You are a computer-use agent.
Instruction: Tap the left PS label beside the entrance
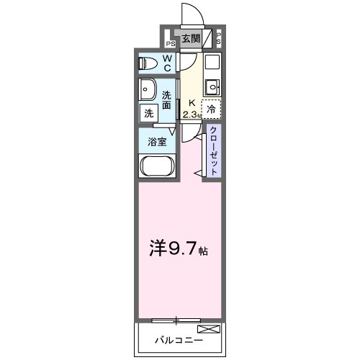coord(171,42)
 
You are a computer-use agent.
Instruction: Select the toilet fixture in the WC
coord(149,63)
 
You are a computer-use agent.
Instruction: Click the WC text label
coord(166,63)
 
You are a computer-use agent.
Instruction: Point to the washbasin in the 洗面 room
coord(149,91)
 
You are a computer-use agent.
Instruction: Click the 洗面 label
coord(166,100)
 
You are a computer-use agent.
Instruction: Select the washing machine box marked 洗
coord(148,112)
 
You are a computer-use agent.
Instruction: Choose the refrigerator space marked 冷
coord(211,110)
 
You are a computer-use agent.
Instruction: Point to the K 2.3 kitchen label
coord(190,109)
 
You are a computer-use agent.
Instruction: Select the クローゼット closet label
coord(214,150)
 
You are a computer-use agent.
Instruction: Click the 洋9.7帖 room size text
coord(179,251)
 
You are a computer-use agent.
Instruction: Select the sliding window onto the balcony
coord(177,319)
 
